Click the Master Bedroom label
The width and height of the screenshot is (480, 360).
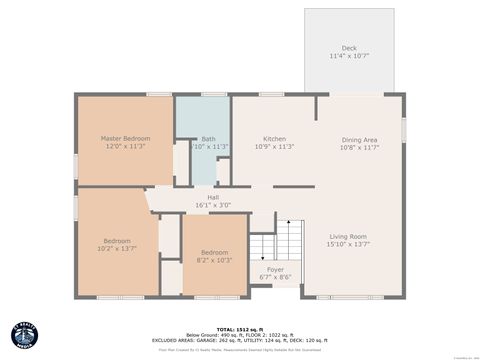[125, 138]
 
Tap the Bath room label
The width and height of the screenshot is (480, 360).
[208, 139]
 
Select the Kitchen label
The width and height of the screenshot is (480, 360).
[275, 138]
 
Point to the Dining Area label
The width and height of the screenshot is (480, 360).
[359, 139]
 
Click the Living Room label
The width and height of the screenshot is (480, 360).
[348, 236]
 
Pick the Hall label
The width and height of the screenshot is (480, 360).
[213, 198]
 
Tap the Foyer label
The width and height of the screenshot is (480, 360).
[274, 269]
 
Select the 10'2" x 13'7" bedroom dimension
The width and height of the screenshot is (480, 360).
[116, 248]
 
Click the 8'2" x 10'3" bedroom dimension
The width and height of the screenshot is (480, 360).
[214, 260]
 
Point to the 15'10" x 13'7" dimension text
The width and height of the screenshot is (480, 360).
[348, 244]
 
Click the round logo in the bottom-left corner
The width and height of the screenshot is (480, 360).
[24, 336]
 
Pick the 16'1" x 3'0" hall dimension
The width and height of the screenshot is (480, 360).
[213, 206]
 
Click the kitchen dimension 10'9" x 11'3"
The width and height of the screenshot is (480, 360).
[275, 146]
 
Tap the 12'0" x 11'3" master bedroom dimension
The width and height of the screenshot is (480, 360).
[125, 146]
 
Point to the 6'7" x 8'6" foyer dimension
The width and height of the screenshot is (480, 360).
[274, 277]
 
